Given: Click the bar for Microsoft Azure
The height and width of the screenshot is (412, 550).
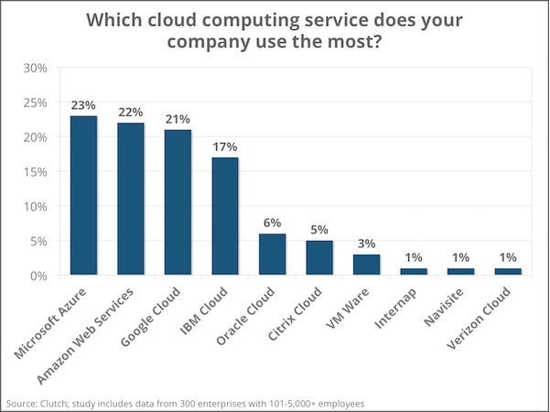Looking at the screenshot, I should [83, 195].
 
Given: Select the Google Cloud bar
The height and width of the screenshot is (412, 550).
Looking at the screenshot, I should [178, 202].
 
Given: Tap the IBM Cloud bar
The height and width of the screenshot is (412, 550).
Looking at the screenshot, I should [225, 216].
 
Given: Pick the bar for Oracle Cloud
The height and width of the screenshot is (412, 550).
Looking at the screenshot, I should [273, 254].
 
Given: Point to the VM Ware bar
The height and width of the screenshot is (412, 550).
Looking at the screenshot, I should [367, 265].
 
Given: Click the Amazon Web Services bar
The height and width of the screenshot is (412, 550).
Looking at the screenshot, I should [131, 199].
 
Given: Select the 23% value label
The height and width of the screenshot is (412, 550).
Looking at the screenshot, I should [83, 105].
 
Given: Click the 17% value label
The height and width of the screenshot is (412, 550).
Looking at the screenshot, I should [225, 146].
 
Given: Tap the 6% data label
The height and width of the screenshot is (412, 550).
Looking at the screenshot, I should [273, 222].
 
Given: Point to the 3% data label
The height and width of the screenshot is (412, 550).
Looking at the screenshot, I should [367, 244].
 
